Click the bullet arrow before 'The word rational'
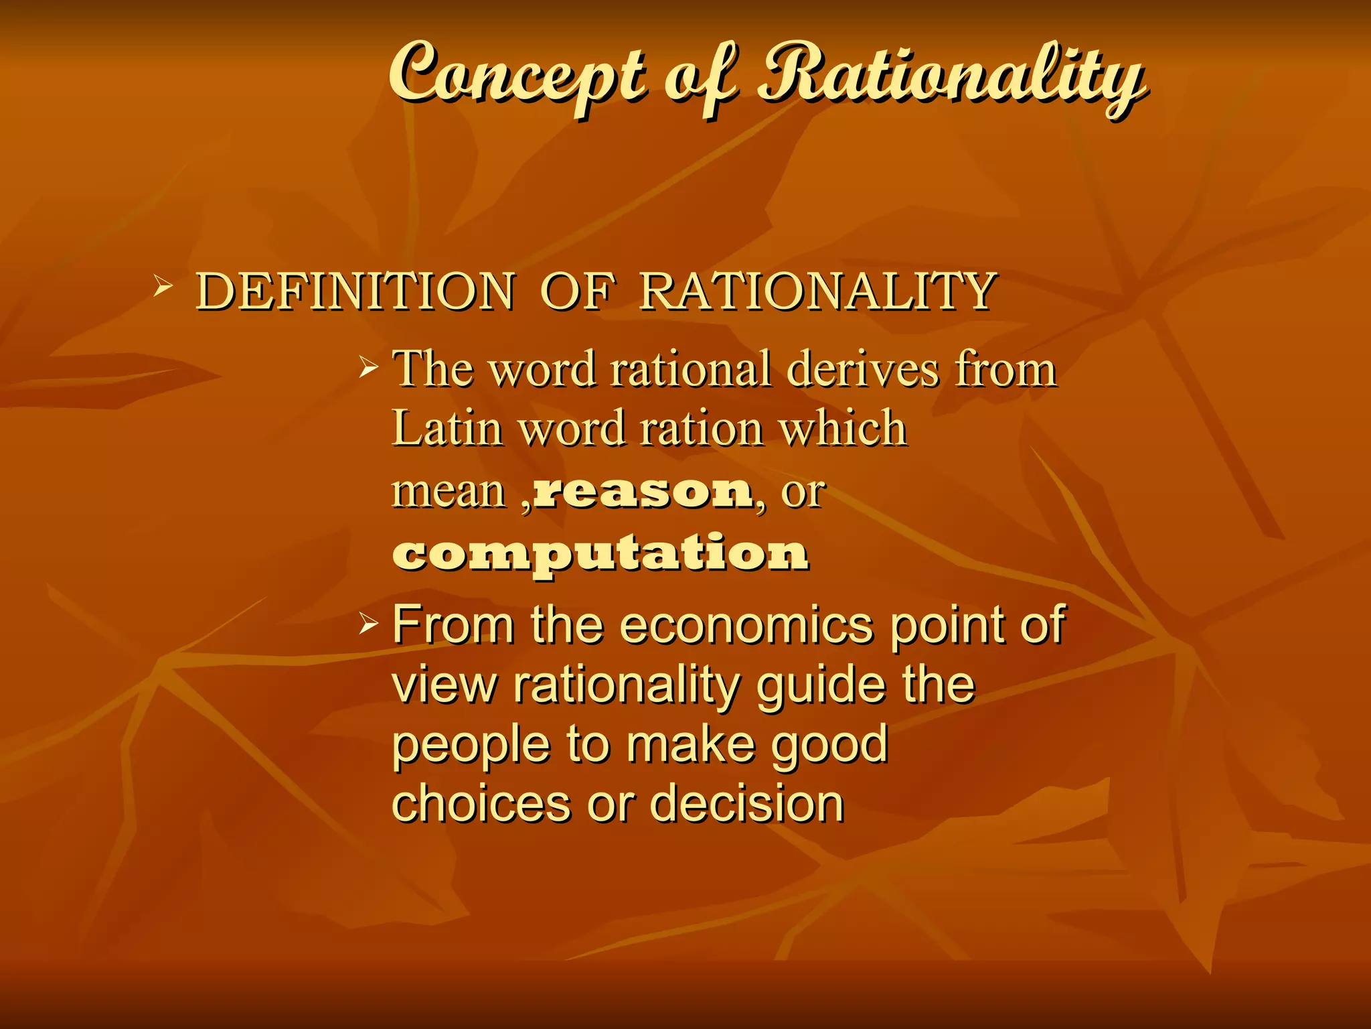pyautogui.click(x=369, y=366)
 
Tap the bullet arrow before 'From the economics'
pyautogui.click(x=369, y=624)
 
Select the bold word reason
pyautogui.click(x=643, y=492)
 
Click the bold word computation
pyautogui.click(x=600, y=553)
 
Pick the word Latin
pyautogui.click(x=447, y=429)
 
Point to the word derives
pyautogui.click(x=863, y=369)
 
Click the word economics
pyautogui.click(x=746, y=626)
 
